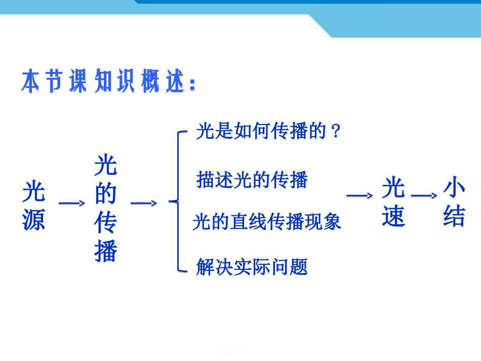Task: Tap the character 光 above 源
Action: coord(34,192)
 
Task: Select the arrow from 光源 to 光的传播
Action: coord(72,203)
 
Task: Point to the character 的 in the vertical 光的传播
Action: coord(105,194)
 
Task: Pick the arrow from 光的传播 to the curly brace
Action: coord(144,203)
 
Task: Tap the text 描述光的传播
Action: coord(252,180)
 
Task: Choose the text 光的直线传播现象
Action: coord(267,222)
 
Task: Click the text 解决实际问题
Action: coord(252,266)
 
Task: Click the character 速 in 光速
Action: coord(393,216)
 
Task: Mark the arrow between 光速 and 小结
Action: coord(424,195)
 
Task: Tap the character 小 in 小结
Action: coord(454,188)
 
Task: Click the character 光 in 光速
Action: coord(393,188)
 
